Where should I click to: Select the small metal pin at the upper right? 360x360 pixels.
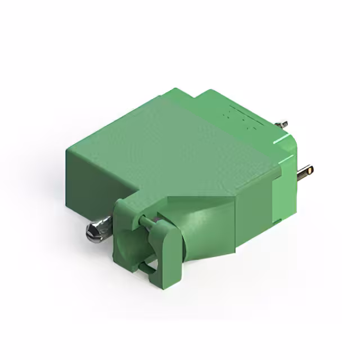click(283, 124)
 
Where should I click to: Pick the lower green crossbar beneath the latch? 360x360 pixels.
click(147, 268)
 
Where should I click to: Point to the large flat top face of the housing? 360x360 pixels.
click(174, 146)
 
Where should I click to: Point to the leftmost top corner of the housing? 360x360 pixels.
click(67, 147)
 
